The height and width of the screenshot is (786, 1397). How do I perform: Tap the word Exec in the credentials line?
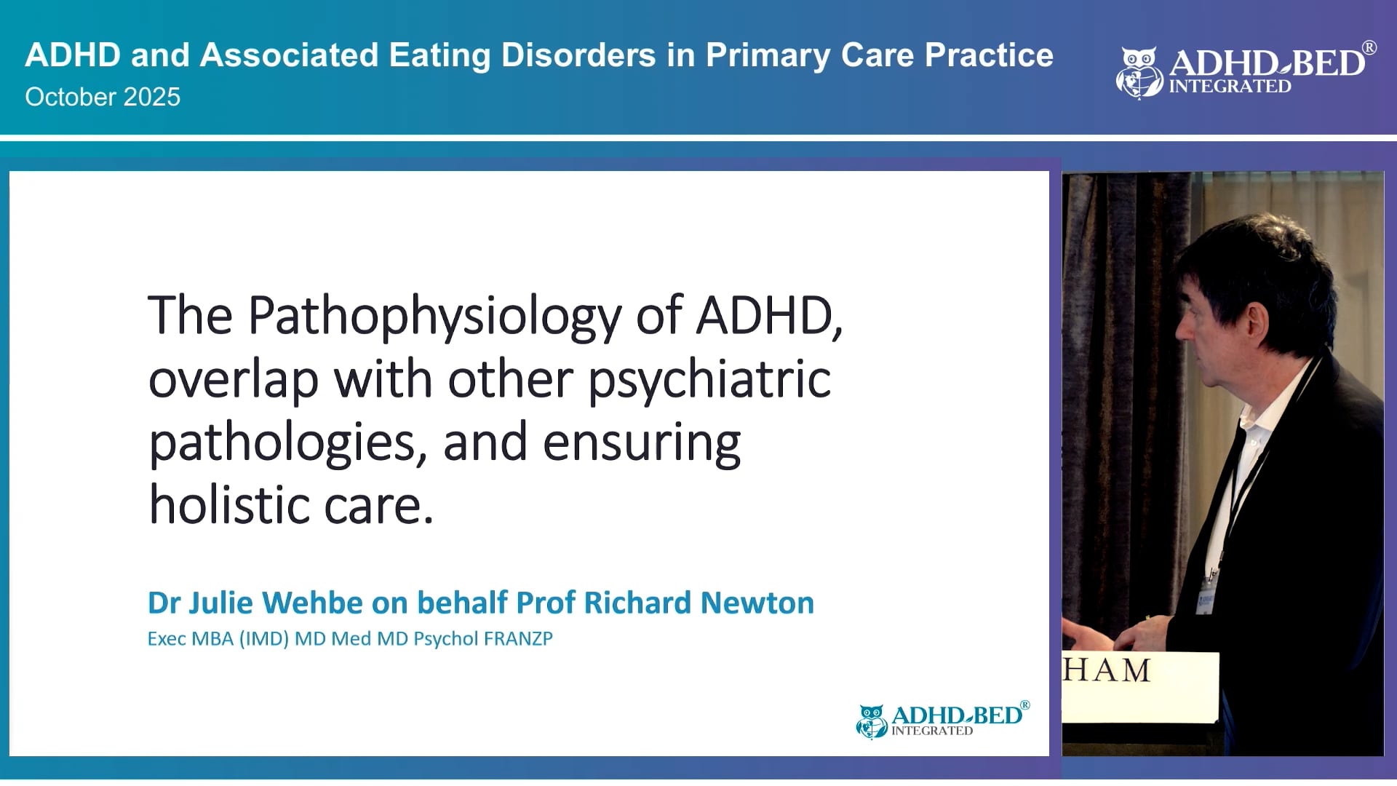[x=166, y=639]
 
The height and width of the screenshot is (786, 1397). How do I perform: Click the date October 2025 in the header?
[x=103, y=97]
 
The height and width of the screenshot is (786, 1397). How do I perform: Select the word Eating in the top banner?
[x=439, y=55]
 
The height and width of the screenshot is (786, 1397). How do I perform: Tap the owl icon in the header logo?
[x=1139, y=73]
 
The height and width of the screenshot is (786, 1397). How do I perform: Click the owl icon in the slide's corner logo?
[x=871, y=720]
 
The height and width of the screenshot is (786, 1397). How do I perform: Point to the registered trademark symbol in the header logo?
[x=1369, y=48]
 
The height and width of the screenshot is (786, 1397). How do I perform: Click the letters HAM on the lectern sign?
[x=1107, y=670]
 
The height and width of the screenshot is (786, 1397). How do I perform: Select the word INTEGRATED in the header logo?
[x=1230, y=87]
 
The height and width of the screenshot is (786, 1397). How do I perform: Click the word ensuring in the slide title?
[x=641, y=442]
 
